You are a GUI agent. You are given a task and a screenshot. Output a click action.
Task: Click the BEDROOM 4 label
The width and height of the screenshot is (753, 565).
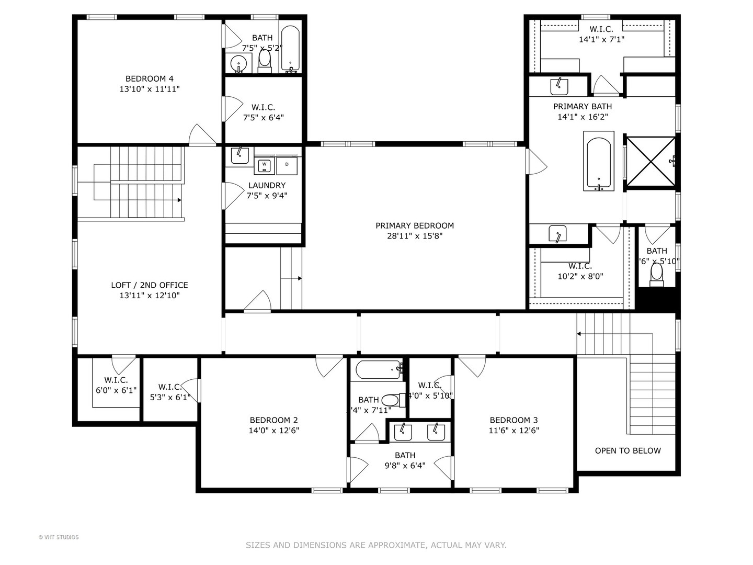point(149,79)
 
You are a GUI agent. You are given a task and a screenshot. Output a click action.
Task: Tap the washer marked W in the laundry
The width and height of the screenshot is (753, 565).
point(265,165)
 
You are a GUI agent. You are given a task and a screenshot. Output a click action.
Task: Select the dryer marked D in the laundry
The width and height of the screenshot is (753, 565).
point(287,165)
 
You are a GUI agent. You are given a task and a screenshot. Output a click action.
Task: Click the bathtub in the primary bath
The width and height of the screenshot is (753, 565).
point(599,162)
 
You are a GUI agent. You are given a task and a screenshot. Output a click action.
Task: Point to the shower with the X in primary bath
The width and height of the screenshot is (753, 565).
point(651,161)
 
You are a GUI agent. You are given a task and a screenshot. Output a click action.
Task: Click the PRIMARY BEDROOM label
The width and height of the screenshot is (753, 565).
point(415,225)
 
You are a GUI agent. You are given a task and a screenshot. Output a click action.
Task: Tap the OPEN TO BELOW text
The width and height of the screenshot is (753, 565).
point(627,450)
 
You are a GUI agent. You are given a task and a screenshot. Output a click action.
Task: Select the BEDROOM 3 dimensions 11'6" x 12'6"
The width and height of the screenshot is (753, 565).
point(514,431)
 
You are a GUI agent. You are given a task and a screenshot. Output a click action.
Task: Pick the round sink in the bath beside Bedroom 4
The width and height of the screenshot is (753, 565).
point(239,64)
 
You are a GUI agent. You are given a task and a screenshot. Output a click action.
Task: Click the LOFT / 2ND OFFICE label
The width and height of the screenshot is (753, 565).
point(149,285)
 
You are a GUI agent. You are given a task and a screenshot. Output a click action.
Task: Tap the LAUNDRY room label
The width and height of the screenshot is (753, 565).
point(267,185)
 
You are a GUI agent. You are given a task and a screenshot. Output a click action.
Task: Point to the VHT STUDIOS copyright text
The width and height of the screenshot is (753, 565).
point(59,537)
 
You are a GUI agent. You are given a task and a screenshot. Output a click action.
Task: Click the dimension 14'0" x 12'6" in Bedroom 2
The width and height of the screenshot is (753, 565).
point(273,431)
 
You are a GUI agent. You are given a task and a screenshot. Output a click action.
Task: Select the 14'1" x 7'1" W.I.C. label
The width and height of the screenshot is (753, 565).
point(601,39)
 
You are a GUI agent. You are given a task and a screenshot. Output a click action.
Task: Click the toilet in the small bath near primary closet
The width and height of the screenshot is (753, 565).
point(656,273)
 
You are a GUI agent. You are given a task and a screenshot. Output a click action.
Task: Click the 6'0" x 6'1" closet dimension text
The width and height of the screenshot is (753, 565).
point(116,390)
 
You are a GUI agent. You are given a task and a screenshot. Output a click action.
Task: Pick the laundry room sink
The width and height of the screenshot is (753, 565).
point(239,155)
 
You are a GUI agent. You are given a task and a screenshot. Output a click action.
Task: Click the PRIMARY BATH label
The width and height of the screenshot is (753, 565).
point(583,107)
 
